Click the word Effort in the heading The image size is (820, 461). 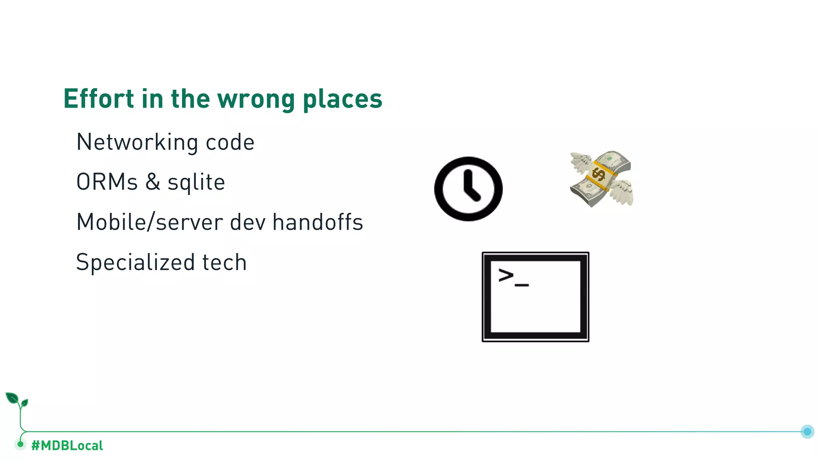click(98, 98)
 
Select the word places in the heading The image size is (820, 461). click(342, 99)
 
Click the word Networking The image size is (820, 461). click(137, 142)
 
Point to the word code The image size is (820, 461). click(230, 142)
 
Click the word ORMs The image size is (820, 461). click(107, 182)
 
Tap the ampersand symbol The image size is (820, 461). click(153, 182)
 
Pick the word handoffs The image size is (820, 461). click(318, 222)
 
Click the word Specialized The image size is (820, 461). click(135, 263)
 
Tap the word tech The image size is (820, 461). click(224, 263)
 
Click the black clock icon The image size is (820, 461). click(468, 189)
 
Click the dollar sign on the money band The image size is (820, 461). click(599, 174)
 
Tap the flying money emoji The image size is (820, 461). click(601, 178)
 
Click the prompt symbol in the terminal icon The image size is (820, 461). click(506, 275)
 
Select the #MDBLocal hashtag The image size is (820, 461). click(67, 445)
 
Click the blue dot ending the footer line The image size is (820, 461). click(807, 431)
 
